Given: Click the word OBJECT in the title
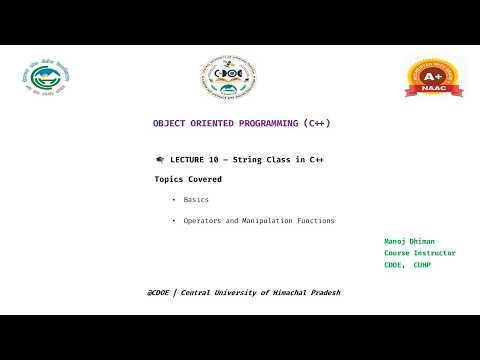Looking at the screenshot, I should [x=168, y=123].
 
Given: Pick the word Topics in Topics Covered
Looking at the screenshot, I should [x=169, y=180].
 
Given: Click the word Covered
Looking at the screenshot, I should [x=204, y=180].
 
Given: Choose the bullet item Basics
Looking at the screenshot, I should [x=196, y=200].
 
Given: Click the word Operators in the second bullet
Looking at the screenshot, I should [x=205, y=221].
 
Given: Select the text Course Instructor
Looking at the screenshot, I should [x=420, y=253].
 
